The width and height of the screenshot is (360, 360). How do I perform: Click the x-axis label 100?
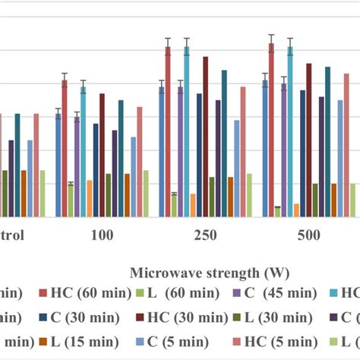(101, 235)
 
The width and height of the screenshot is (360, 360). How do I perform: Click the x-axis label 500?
(308, 235)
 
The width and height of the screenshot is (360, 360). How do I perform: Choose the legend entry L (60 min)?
(174, 293)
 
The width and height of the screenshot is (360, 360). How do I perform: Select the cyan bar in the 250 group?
(186, 132)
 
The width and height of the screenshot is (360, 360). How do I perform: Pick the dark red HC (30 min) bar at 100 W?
(102, 156)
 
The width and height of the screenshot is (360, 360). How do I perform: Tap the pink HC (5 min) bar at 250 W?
(243, 152)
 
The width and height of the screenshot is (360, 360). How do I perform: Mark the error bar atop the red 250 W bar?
(168, 42)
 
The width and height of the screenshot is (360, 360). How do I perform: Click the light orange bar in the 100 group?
(90, 199)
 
